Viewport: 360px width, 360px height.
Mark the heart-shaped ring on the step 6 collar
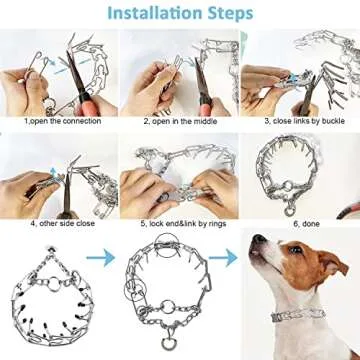(x=291, y=210)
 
